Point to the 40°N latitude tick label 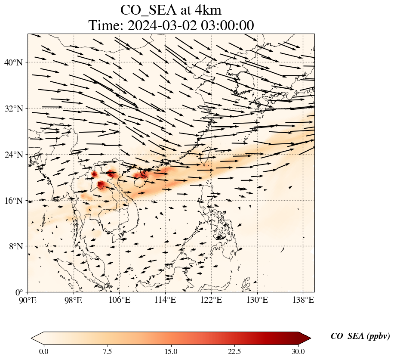[16, 62]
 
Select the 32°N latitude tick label [16, 109]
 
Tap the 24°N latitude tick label [16, 155]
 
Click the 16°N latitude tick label [16, 201]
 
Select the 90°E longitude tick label [28, 300]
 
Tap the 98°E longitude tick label [74, 300]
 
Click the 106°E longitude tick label [119, 300]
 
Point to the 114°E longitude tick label [165, 300]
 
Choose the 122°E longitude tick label [211, 300]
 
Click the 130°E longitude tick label [257, 300]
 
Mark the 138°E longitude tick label [302, 300]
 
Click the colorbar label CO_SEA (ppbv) [360, 337]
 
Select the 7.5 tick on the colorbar [107, 351]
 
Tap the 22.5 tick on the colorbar [234, 351]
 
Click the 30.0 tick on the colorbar [298, 351]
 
